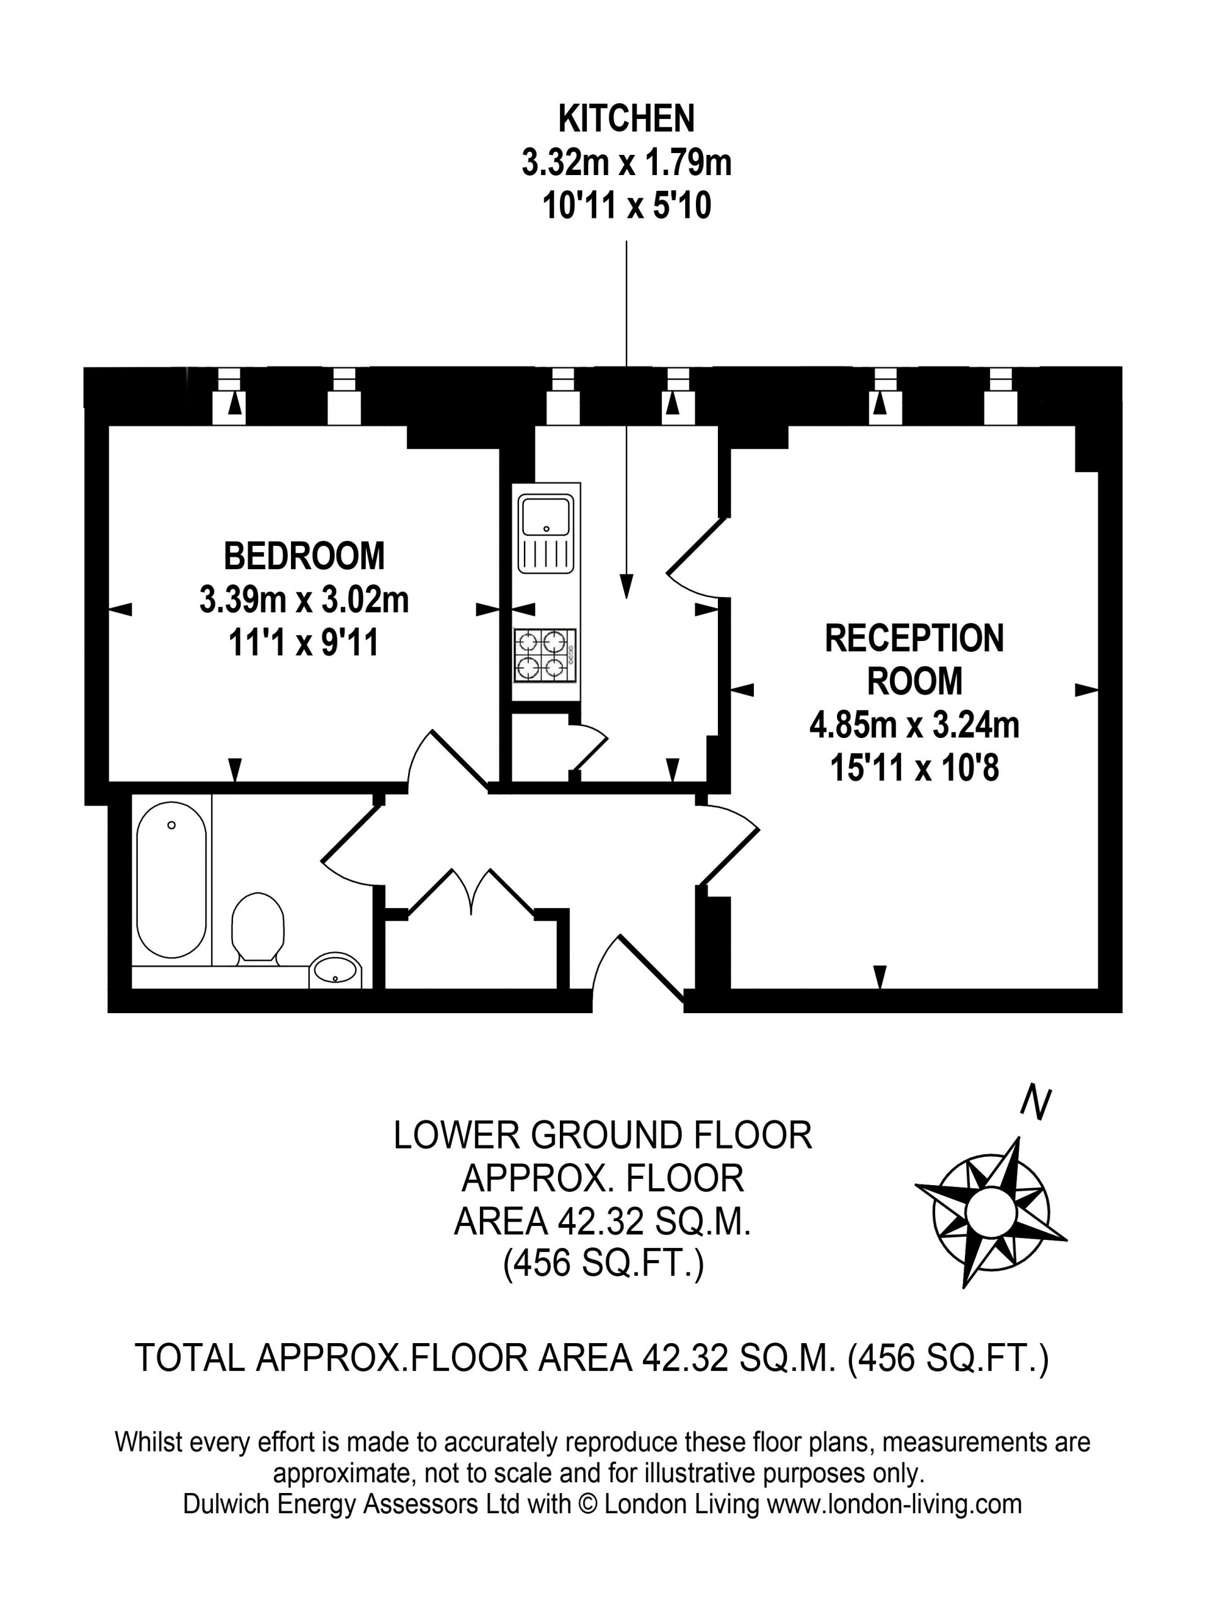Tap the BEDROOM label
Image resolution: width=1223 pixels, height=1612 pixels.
(304, 556)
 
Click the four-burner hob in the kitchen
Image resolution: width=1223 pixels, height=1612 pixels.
(545, 655)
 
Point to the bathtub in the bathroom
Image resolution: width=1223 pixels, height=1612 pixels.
(171, 880)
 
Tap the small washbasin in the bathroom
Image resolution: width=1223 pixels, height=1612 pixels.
(335, 971)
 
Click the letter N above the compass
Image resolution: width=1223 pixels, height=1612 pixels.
(1037, 1102)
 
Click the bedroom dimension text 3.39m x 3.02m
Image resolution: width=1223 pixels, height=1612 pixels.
(304, 601)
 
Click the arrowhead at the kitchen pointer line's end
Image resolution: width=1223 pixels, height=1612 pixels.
(627, 587)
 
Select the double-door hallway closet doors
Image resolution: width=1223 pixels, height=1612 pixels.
(472, 892)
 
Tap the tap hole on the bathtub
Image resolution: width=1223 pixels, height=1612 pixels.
(171, 825)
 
